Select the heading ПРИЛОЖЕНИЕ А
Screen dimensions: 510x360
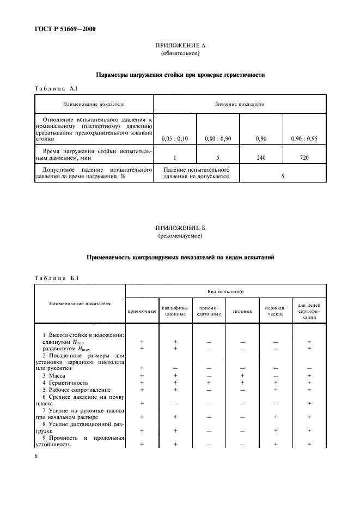tap(180, 46)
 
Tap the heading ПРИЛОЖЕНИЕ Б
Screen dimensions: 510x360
tap(180, 228)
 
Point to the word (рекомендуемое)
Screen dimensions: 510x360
tap(180, 236)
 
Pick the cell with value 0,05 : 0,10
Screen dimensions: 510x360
tap(174, 139)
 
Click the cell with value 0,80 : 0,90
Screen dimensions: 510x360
tap(218, 139)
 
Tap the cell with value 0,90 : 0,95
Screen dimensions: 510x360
tap(304, 139)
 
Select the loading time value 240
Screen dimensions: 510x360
tap(261, 157)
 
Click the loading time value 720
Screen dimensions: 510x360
tap(304, 157)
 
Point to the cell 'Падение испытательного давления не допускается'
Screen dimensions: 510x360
tap(196, 173)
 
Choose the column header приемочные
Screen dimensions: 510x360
tap(142, 312)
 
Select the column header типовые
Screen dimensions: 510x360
tap(242, 312)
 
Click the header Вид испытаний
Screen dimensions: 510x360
tap(225, 292)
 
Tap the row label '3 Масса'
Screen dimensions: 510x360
tap(54, 375)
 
